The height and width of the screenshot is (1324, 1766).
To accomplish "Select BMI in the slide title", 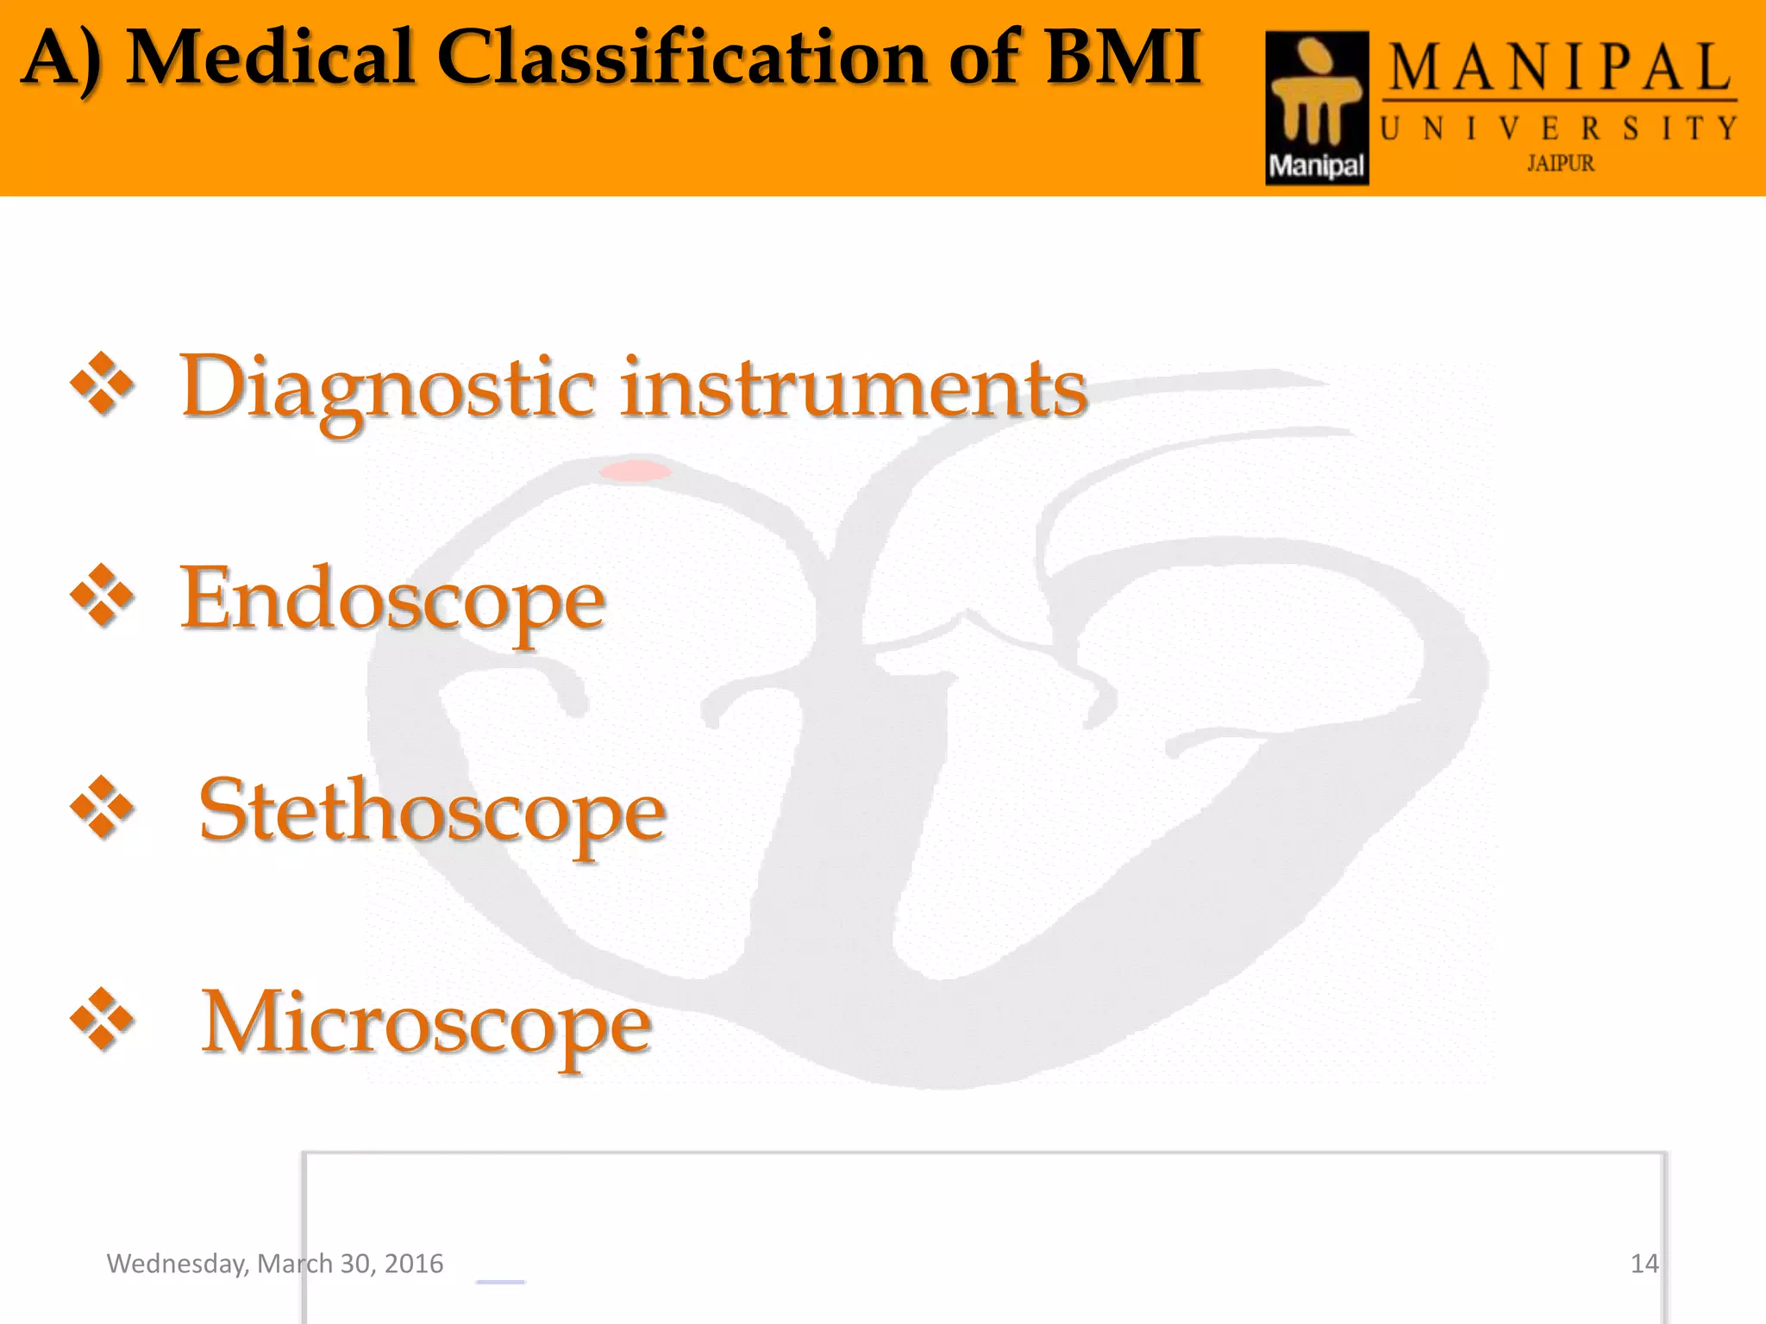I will (x=1123, y=59).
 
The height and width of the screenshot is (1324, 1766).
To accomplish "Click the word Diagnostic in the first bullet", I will (x=387, y=388).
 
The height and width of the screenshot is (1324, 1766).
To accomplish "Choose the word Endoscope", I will (x=392, y=600).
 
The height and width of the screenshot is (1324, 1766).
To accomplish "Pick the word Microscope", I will (x=426, y=1024).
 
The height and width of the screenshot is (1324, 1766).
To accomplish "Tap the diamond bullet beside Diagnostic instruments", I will (x=103, y=384).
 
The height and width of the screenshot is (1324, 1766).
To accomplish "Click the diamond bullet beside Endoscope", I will (x=103, y=596).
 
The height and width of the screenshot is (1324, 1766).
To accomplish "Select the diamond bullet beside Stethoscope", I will (x=103, y=808).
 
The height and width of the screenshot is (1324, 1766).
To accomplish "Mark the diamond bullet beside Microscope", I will (x=103, y=1020).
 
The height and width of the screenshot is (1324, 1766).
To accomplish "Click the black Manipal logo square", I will (x=1317, y=108).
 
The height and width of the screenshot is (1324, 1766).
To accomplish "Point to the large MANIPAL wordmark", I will (x=1559, y=69).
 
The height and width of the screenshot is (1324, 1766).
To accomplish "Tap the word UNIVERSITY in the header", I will (x=1559, y=129).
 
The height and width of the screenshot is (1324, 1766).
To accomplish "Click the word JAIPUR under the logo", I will (x=1561, y=164).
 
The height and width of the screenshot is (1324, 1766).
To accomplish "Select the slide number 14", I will (x=1644, y=1264).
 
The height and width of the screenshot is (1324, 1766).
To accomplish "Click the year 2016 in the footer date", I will (x=414, y=1264).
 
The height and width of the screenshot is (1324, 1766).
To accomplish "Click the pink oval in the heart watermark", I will (x=636, y=471).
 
